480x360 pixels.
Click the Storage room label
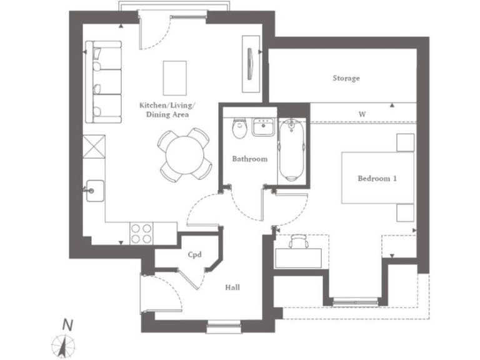[x=346, y=79]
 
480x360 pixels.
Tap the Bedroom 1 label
[x=377, y=179]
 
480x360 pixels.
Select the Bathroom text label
[x=249, y=159]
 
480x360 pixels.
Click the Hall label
[x=232, y=287]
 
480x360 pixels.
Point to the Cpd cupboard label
[x=194, y=254]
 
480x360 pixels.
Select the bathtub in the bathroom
[x=292, y=151]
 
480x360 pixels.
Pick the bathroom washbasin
[x=262, y=127]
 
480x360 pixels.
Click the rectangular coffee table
[x=174, y=76]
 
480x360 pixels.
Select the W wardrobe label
[x=362, y=114]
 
